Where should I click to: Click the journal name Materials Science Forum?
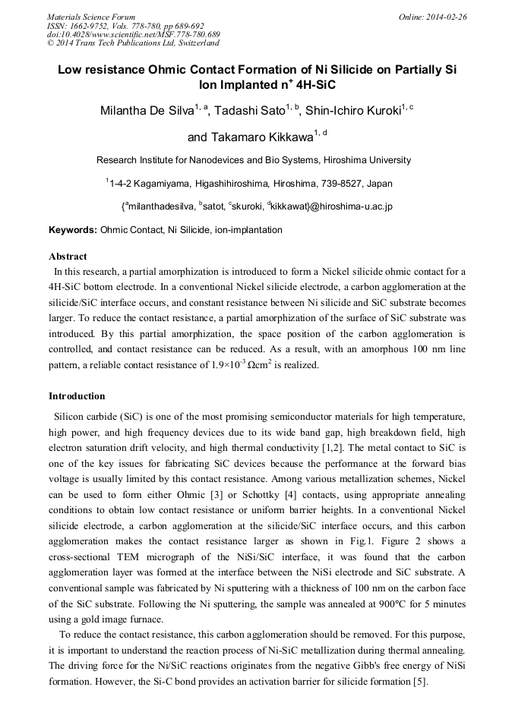click(91, 17)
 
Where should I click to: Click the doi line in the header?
click(134, 34)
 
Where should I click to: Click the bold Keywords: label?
click(73, 230)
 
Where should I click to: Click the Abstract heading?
click(68, 257)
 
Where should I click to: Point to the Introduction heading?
click(77, 396)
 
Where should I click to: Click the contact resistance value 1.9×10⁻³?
click(223, 366)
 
